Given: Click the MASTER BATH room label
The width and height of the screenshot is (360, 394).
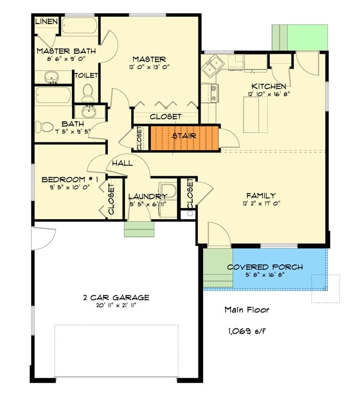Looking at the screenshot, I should tap(60, 51).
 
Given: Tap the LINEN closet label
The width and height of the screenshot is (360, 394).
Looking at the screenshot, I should tap(46, 22).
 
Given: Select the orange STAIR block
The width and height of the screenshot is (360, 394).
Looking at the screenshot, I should tap(184, 138).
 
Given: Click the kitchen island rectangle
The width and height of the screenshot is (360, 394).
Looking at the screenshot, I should tap(251, 115).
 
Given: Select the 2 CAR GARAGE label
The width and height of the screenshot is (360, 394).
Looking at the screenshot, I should tap(116, 297).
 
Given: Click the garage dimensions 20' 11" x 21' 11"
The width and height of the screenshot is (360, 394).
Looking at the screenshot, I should tap(116, 305).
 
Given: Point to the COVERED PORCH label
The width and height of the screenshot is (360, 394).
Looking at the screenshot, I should tap(265, 267).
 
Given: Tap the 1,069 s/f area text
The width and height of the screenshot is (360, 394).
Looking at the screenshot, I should tap(247, 331).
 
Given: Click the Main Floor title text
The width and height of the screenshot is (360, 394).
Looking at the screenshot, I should tap(247, 309).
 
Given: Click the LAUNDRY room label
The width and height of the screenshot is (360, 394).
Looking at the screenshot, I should tap(147, 196).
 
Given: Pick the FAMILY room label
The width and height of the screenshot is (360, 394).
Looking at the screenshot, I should tap(261, 195).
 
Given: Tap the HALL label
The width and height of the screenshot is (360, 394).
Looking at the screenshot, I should tap(122, 163).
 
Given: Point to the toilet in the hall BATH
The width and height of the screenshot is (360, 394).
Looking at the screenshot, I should tap(46, 126).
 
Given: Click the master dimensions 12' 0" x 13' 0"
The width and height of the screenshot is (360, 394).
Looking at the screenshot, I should tap(148, 67).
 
